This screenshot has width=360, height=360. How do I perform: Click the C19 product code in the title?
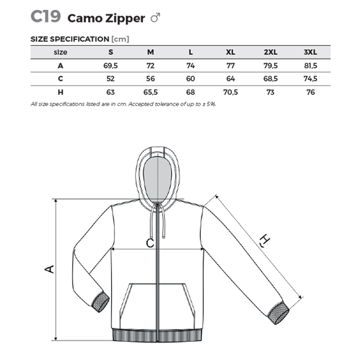[46, 16]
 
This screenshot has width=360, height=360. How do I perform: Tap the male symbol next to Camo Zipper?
[155, 18]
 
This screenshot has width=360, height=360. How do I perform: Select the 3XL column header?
[310, 52]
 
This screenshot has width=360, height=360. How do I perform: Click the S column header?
[111, 52]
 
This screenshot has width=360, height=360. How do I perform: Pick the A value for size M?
[150, 66]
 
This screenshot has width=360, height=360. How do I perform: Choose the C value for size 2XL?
[270, 79]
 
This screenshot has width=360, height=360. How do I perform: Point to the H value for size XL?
[230, 92]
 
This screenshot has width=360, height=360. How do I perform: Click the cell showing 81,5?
[310, 66]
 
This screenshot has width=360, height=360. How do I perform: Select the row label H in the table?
[60, 92]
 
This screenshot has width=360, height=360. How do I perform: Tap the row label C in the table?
[60, 79]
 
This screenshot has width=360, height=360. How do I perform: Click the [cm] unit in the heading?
[120, 39]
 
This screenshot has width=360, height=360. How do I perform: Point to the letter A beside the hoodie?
[49, 269]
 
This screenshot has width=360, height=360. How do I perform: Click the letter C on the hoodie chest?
[150, 243]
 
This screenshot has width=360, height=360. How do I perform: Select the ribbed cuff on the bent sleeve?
[100, 301]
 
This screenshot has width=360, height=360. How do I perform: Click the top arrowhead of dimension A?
[55, 201]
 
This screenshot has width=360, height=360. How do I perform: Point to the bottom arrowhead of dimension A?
[55, 338]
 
